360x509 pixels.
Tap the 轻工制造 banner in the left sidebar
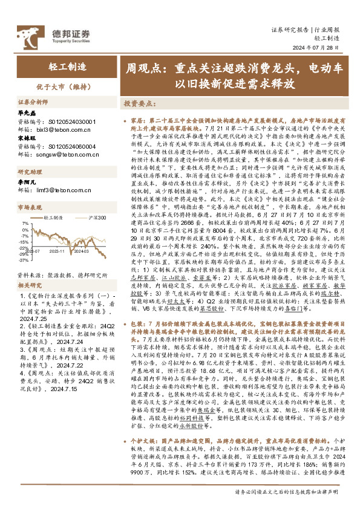coord(64,65)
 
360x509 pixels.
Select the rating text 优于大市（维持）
coord(64,87)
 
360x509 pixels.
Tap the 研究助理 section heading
coord(30,172)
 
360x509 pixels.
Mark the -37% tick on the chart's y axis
coord(22,261)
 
